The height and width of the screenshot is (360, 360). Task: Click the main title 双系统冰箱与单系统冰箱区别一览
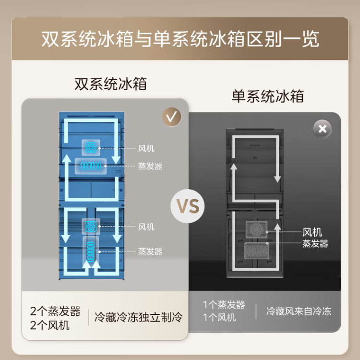pos(180,39)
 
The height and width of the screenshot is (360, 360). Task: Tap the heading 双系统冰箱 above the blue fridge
pos(111,84)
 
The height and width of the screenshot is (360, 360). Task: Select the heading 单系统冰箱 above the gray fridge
pos(268,96)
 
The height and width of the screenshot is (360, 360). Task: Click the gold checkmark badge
pos(172,117)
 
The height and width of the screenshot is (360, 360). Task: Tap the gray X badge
pos(323,129)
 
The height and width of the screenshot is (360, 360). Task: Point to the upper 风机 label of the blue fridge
pos(146,148)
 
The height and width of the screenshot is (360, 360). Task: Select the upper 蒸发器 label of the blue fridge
pos(150,166)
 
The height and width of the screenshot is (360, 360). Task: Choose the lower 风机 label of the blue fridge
pos(146,227)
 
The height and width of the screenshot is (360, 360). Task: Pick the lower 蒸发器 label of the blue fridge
pos(150,252)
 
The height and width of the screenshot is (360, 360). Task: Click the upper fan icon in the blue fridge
pos(91,148)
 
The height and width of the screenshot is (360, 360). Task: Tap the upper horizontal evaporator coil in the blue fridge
pos(91,166)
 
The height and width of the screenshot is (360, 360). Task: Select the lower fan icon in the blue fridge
pos(91,227)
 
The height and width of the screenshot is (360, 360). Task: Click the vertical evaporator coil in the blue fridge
pos(91,252)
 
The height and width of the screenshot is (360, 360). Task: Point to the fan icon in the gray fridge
pos(256,229)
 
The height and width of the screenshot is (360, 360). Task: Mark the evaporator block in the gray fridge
pos(257,251)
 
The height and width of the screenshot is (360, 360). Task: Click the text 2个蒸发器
pos(55,311)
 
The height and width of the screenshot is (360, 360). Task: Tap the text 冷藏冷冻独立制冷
pos(138,317)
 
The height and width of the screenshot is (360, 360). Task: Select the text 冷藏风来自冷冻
pos(299,312)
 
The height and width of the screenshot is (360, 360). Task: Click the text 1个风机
pos(219,318)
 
